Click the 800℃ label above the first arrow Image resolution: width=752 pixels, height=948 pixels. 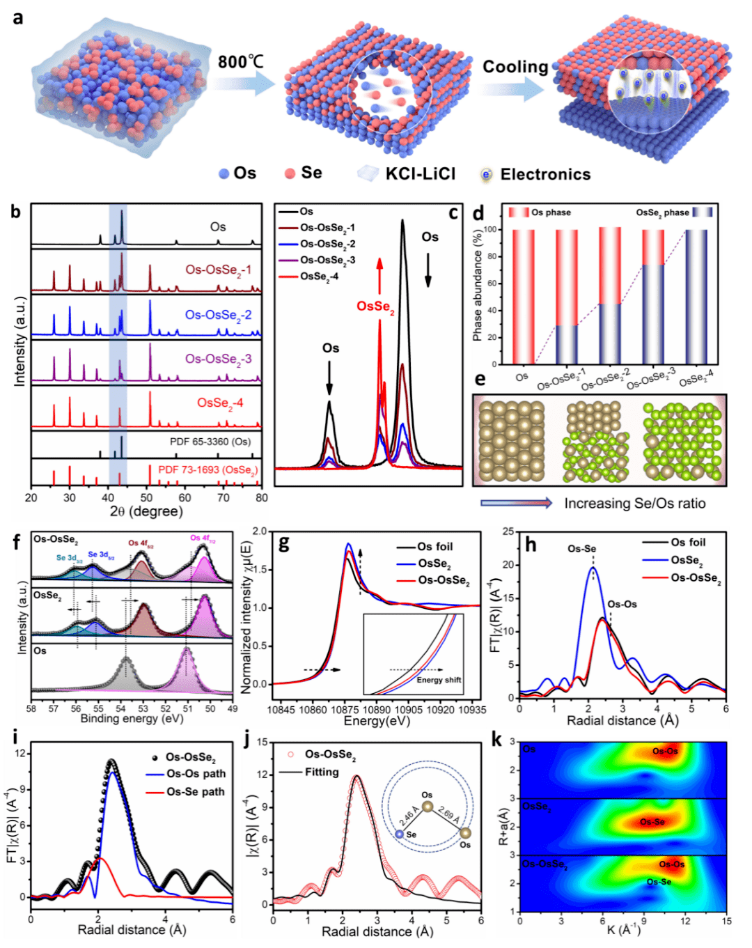click(x=240, y=62)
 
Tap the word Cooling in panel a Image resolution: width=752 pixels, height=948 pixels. click(x=515, y=67)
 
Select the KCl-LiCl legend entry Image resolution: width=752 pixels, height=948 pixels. click(x=420, y=173)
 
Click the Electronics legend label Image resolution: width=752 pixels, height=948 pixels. click(x=545, y=174)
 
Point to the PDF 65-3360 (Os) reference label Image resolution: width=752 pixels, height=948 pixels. click(x=210, y=442)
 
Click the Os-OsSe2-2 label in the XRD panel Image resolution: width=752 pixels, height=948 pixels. click(x=218, y=315)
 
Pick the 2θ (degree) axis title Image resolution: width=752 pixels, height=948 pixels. click(x=146, y=511)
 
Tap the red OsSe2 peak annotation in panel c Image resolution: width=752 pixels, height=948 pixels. click(x=375, y=306)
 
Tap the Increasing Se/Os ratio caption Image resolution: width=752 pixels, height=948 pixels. click(x=634, y=503)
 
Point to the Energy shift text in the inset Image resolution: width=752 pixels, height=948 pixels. click(x=439, y=680)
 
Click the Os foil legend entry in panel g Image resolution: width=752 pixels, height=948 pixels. click(x=434, y=547)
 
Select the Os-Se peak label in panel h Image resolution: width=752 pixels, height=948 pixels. click(x=581, y=549)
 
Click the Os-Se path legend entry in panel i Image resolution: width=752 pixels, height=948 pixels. click(x=195, y=792)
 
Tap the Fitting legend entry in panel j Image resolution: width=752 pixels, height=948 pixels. click(x=321, y=772)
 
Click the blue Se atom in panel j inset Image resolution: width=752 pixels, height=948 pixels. click(x=399, y=834)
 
